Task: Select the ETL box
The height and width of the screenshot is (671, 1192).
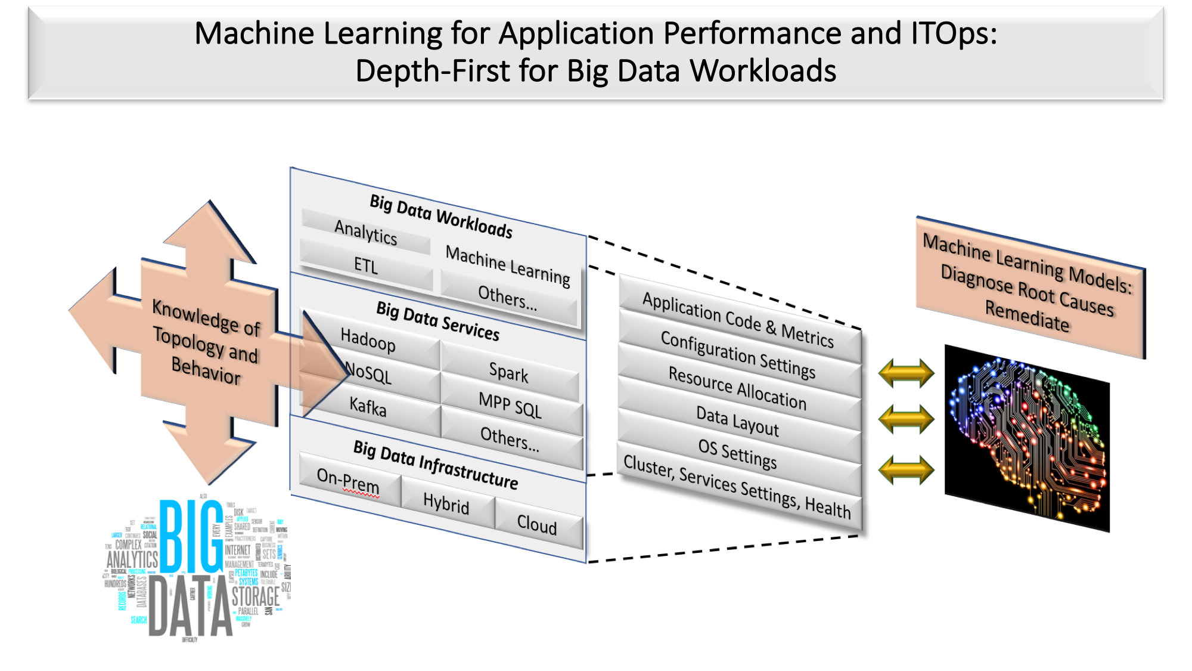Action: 365,265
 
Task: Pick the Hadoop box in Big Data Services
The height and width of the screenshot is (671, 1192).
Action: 368,341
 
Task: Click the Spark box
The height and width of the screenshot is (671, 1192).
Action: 508,373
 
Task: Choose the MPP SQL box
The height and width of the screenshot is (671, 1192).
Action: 510,405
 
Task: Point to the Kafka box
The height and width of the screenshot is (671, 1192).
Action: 368,407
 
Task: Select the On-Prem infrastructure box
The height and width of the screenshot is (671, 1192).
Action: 348,481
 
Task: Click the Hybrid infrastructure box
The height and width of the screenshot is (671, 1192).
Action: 446,504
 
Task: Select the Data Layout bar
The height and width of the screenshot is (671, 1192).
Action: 738,421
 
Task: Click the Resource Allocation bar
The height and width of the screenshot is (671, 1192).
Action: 738,388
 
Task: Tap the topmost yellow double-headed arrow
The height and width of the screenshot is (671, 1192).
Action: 906,373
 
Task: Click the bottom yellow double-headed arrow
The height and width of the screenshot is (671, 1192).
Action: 906,469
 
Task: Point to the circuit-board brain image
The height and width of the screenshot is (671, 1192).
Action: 1027,438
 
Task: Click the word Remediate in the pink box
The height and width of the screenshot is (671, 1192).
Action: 1027,316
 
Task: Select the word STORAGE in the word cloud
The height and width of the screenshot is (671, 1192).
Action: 255,596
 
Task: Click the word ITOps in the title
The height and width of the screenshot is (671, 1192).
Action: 953,33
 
